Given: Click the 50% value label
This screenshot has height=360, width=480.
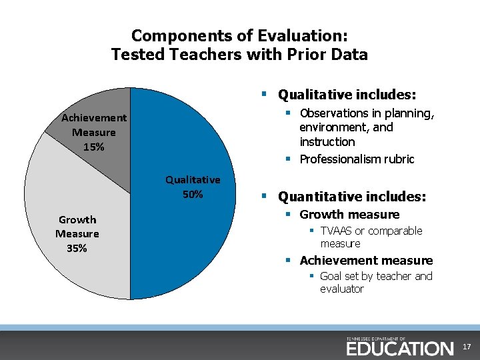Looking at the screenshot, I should click(x=193, y=195).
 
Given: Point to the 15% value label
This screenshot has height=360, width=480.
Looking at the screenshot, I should click(x=93, y=147).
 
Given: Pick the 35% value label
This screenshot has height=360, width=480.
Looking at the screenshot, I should click(x=77, y=248).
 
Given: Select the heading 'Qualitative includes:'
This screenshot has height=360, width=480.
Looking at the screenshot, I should click(x=347, y=95).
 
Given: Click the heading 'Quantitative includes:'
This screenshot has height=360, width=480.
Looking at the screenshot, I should click(x=351, y=197).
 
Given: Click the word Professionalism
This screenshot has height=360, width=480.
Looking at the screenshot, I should click(x=341, y=159).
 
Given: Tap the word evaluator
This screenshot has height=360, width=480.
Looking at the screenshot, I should click(x=341, y=289).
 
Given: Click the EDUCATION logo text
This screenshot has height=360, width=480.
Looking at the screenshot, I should click(x=399, y=348).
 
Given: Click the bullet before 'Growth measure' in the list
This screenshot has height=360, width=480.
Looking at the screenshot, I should click(x=289, y=215).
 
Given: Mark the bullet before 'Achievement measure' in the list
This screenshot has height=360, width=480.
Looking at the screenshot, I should click(x=289, y=261).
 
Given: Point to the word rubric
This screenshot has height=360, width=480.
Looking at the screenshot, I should click(x=399, y=159).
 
